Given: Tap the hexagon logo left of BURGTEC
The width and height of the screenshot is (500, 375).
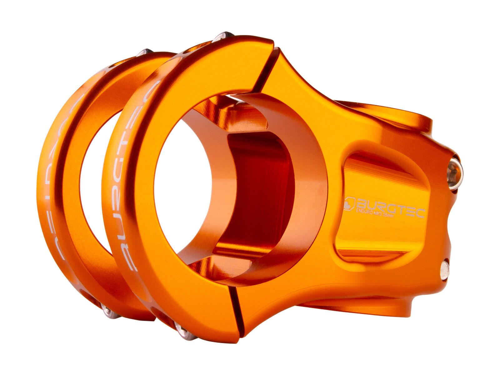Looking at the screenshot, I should pos(350,203).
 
